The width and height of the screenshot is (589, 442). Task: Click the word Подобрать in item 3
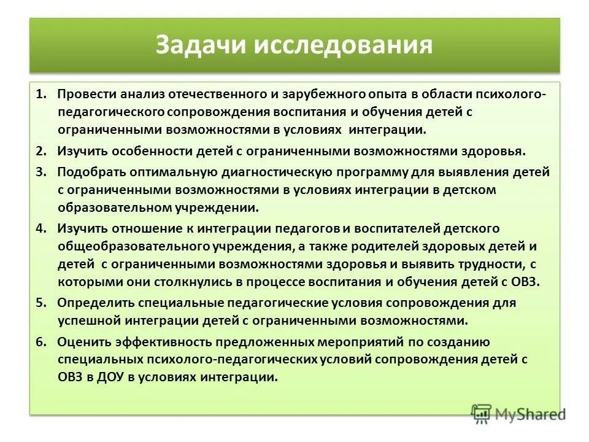point(89,172)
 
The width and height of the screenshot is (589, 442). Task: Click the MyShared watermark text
point(531,415)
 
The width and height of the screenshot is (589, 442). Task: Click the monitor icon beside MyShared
point(482,414)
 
